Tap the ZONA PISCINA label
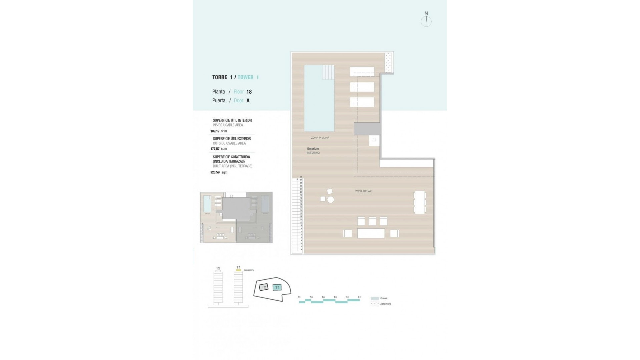[x=320, y=138]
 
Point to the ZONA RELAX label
[x=363, y=191]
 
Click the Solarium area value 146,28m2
[x=313, y=153]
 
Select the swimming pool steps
[x=328, y=72]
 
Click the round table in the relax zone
[x=330, y=200]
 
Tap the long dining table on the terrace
[x=371, y=233]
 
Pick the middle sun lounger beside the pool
[x=362, y=87]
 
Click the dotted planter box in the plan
[x=389, y=62]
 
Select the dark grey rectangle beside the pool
[x=367, y=129]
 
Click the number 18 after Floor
[x=249, y=92]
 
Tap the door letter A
[x=248, y=101]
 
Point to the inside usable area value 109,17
[x=215, y=131]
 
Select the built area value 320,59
[x=215, y=173]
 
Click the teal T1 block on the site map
[x=277, y=287]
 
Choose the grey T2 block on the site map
[x=264, y=287]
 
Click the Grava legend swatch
[x=375, y=298]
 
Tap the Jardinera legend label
[x=385, y=304]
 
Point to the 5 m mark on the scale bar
[x=359, y=297]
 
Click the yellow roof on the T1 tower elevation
[x=238, y=270]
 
